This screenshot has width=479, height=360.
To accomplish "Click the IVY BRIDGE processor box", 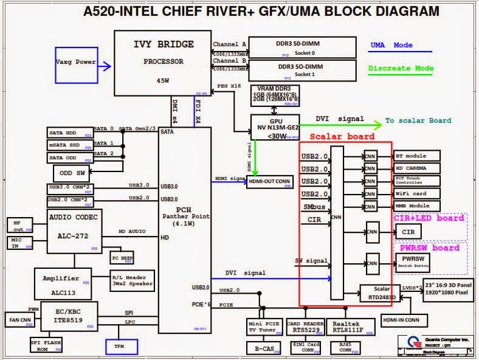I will (x=162, y=63).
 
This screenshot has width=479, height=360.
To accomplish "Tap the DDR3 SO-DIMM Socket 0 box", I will (x=302, y=48).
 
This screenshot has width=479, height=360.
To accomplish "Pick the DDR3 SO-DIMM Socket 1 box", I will (x=302, y=70).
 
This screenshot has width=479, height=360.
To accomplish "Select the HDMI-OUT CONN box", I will (x=270, y=182).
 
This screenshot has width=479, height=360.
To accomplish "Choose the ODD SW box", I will (x=72, y=172).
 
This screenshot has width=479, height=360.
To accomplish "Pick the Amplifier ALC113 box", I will (x=63, y=284).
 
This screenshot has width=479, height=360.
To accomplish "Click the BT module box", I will (x=417, y=156).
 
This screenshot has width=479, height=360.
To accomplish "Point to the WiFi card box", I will (x=417, y=193).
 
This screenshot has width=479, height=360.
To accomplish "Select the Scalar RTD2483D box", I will (x=381, y=294).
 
